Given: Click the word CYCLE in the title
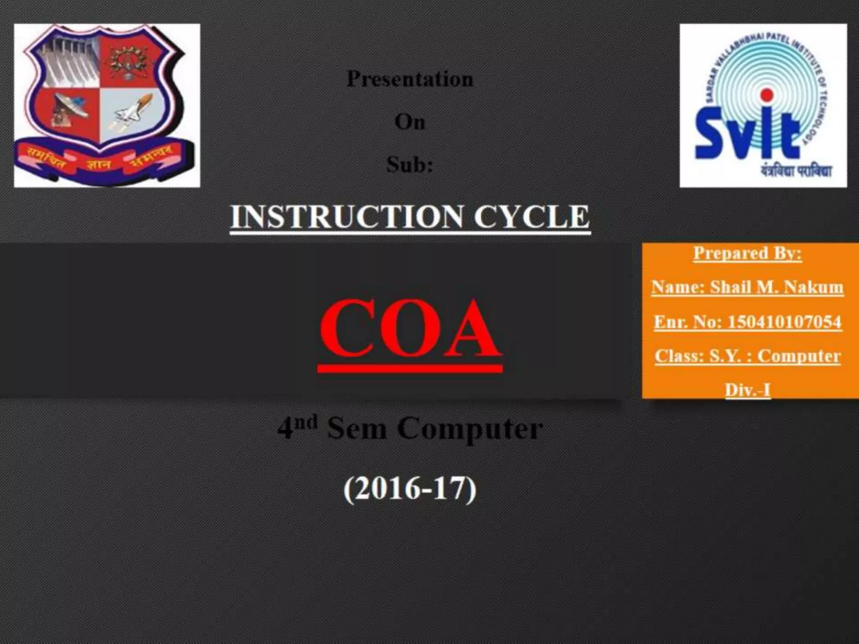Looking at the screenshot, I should pos(531,217).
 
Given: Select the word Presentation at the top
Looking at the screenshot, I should pos(410,79).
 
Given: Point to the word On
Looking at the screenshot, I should pos(410,122).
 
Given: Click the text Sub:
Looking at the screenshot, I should pos(410,164).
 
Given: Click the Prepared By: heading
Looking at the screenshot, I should pos(747,253).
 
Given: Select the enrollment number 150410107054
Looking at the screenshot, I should pos(784,322).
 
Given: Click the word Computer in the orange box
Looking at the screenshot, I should pos(799,356).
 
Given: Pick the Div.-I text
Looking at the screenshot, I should pos(747,390).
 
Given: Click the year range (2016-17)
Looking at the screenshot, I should pos(410,489).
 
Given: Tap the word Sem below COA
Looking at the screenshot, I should pos(357,429).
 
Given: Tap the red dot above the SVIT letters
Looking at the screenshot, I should pos(767,95).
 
